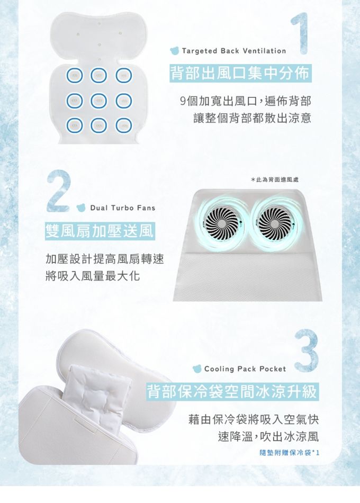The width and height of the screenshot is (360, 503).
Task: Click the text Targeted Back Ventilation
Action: [x=233, y=51]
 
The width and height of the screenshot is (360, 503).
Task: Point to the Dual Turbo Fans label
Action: [x=123, y=208]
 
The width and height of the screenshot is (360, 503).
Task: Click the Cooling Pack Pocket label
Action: [x=245, y=369]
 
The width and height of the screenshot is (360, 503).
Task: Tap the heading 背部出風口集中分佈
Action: [x=240, y=73]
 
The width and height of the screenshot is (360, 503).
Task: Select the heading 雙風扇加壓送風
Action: [x=100, y=231]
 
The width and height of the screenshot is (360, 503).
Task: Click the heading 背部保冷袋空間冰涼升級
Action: [x=232, y=391]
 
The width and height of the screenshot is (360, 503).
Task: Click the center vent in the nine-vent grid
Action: [x=99, y=101]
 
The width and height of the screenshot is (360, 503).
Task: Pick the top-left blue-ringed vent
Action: [x=75, y=76]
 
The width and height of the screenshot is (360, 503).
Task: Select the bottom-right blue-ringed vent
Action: [x=124, y=125]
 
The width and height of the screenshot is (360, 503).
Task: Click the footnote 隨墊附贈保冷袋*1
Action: [x=290, y=453]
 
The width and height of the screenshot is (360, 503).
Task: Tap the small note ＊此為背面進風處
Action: [x=275, y=180]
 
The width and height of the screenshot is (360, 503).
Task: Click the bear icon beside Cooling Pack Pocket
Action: [x=197, y=369]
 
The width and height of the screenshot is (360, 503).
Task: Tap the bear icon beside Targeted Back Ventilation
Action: [x=175, y=51]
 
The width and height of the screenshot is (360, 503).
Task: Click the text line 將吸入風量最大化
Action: [x=93, y=275]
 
